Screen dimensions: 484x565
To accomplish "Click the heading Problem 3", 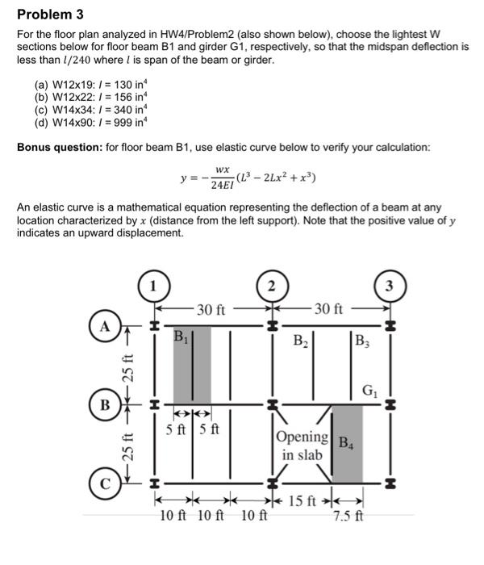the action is tap(50, 15).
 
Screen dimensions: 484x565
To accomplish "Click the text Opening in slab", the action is tap(302, 446).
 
